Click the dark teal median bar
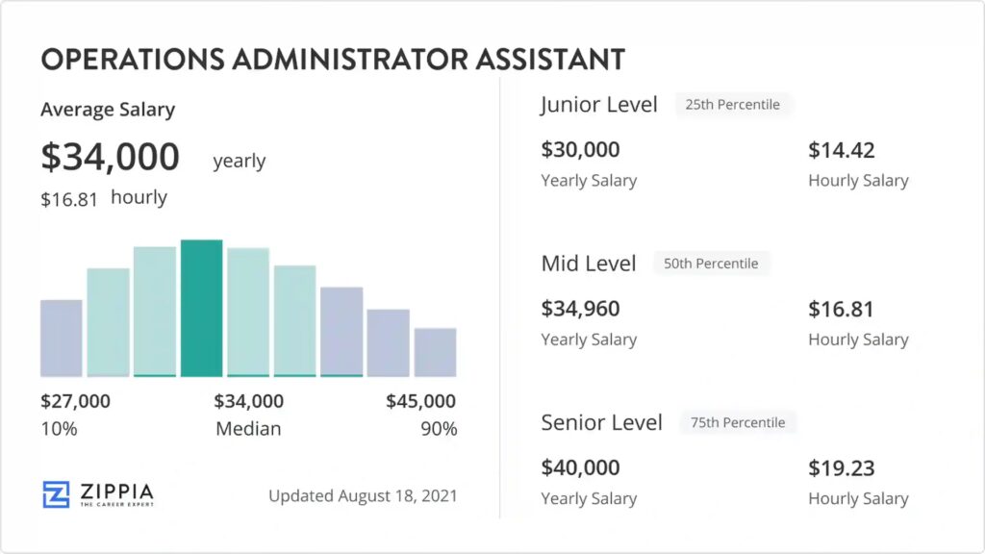(x=202, y=308)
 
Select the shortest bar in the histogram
(x=435, y=352)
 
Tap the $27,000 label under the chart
(x=75, y=401)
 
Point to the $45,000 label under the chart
(x=420, y=401)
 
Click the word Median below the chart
(x=248, y=429)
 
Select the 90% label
(x=439, y=429)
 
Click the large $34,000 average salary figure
(x=110, y=157)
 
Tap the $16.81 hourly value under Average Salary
(x=68, y=199)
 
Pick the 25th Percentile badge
(x=733, y=104)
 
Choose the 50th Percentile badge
(x=711, y=264)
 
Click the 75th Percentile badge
(x=738, y=422)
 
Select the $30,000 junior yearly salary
(x=580, y=150)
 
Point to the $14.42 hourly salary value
(x=842, y=150)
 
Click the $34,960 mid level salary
(x=580, y=309)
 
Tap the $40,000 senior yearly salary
(x=580, y=467)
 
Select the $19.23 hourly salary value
(x=842, y=467)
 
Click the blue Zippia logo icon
(x=56, y=494)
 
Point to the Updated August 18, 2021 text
(x=363, y=496)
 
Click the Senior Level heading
(x=601, y=422)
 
